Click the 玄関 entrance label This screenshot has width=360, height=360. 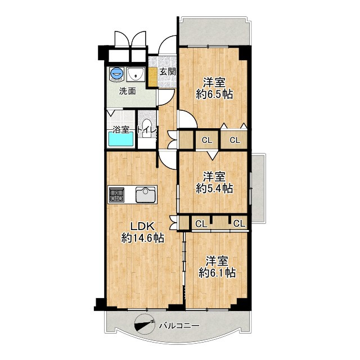[x=168, y=72]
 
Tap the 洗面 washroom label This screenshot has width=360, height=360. [x=128, y=91]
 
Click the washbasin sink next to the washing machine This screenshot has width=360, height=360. [x=136, y=74]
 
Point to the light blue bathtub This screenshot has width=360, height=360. [x=121, y=139]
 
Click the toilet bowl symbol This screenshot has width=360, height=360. [x=146, y=129]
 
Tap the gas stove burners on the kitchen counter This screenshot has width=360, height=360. [x=116, y=195]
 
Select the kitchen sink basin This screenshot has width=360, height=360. [x=146, y=195]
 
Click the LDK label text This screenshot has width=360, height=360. [x=142, y=227]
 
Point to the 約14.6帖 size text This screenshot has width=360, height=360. [x=142, y=238]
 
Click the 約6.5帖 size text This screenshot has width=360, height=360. [x=214, y=94]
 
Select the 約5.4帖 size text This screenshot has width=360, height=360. [x=214, y=188]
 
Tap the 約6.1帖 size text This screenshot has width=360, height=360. [x=217, y=273]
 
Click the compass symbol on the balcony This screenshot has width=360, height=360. [x=145, y=325]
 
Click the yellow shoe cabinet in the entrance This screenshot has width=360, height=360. [x=152, y=76]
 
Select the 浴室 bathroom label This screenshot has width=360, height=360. [x=121, y=130]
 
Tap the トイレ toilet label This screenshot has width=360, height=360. [x=147, y=130]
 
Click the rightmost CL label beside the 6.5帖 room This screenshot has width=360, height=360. [x=235, y=140]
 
